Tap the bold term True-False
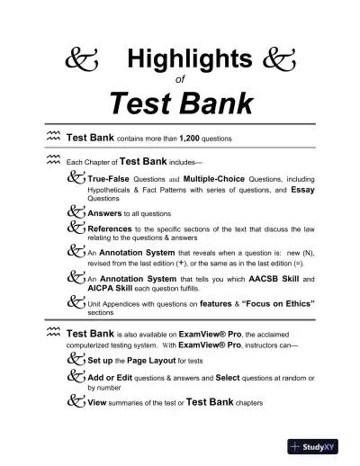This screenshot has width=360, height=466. [112, 179]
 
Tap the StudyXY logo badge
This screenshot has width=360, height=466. [316, 444]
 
